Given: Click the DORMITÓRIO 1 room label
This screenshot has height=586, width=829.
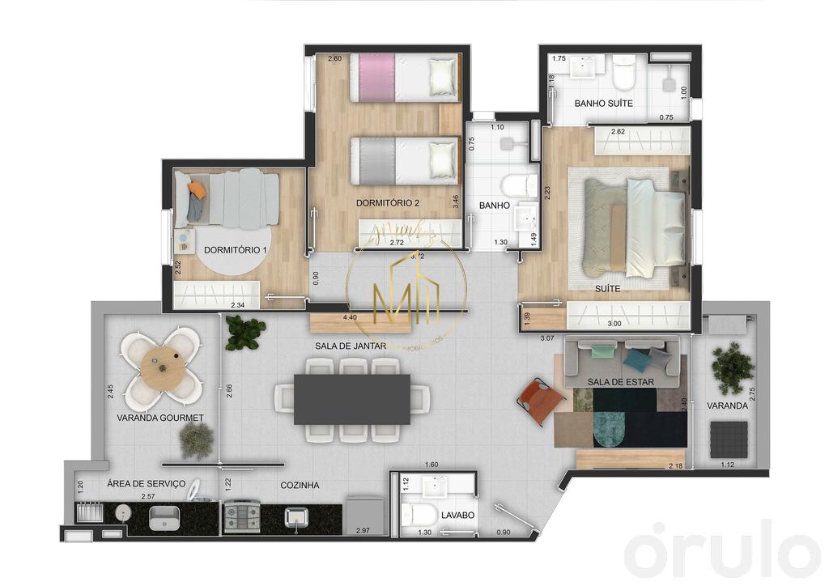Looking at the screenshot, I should (235, 250).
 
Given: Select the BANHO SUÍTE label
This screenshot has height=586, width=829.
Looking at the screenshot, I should (603, 104).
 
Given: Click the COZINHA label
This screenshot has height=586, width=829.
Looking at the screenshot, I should (300, 486).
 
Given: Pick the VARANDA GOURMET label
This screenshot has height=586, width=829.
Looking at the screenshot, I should (159, 418).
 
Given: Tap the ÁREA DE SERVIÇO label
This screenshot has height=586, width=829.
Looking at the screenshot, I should (147, 484).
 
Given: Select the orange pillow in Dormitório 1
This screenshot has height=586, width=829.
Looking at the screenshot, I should (198, 189).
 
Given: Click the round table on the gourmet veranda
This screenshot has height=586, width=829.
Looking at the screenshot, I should (163, 367).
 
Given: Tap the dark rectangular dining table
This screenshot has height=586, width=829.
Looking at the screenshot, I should (351, 399).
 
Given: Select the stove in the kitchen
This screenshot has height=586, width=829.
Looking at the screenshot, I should (241, 516).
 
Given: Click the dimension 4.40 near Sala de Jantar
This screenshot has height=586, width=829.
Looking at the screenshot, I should (350, 318).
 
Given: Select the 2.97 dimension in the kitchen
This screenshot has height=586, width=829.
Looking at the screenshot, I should (363, 531).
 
